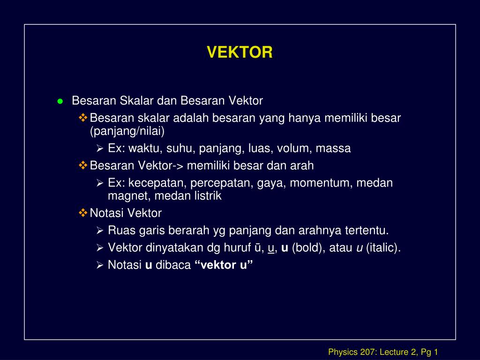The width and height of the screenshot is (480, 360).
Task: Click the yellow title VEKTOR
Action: point(240,52)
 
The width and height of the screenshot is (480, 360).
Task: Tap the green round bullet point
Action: point(60,101)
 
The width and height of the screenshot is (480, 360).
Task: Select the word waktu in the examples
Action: point(143,149)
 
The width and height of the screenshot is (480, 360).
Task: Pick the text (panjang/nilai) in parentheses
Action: point(127,131)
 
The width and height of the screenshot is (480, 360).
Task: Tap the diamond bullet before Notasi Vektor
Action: point(83,213)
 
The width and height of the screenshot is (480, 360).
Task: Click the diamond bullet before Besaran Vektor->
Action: point(83,165)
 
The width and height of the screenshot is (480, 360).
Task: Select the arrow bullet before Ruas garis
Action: point(100,231)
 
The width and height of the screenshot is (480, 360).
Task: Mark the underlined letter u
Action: point(270,248)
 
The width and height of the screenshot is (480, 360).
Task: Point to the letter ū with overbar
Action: point(257,248)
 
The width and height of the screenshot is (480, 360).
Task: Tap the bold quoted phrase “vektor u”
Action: point(224,265)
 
